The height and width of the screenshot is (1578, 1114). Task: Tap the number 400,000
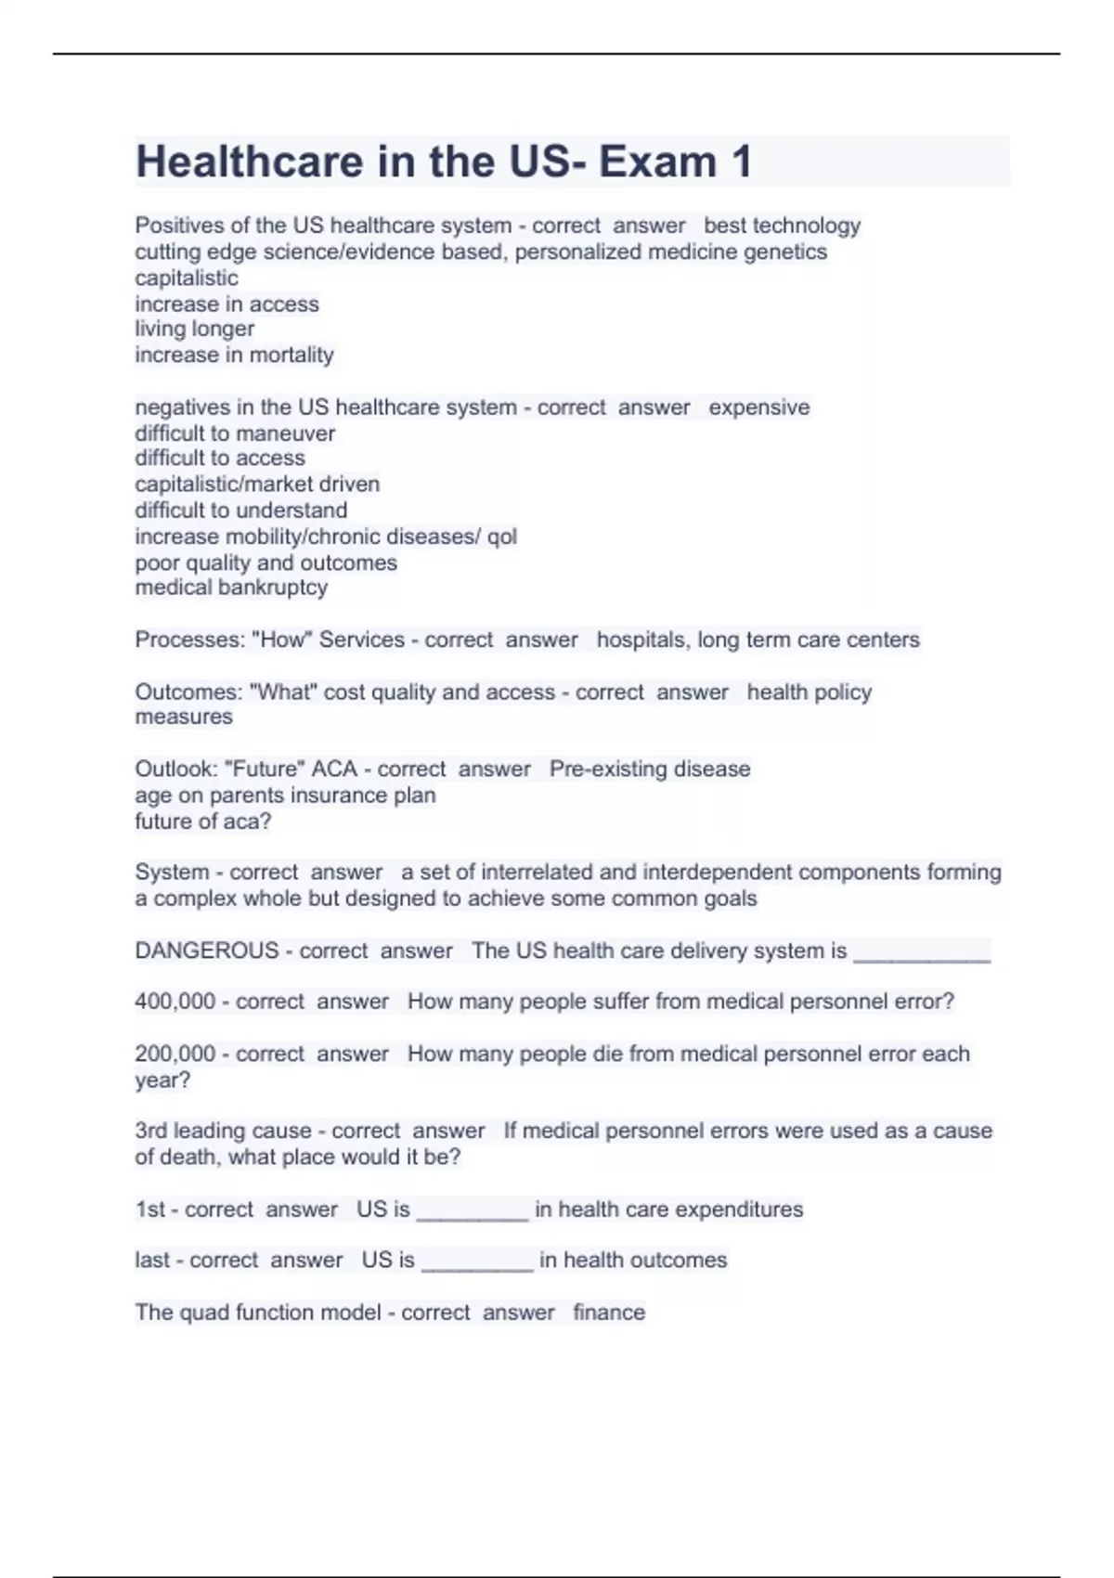(x=175, y=1002)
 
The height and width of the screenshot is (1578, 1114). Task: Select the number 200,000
(x=175, y=1054)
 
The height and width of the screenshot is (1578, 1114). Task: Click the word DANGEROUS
(x=207, y=951)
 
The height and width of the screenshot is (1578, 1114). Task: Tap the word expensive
(x=759, y=407)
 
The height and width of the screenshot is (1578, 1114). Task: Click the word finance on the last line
(x=609, y=1312)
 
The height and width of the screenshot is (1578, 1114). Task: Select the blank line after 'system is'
(x=922, y=954)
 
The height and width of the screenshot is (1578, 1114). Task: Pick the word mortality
(x=291, y=355)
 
